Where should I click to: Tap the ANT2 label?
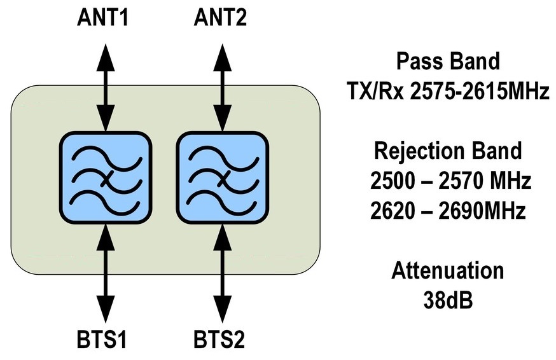(221, 17)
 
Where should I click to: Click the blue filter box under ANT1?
(106, 176)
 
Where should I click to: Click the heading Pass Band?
(448, 62)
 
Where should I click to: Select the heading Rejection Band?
(448, 151)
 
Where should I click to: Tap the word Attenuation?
(448, 271)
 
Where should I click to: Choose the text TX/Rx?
(371, 93)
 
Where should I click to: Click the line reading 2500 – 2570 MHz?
(449, 182)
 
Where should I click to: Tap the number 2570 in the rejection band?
(460, 182)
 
